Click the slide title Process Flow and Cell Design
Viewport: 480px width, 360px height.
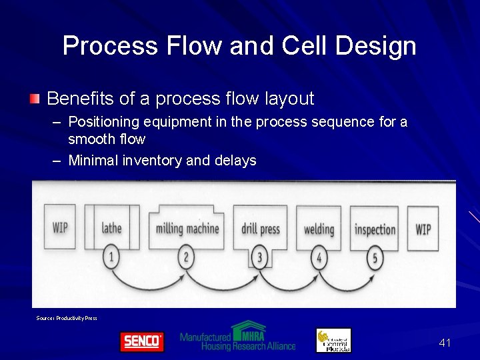(239, 46)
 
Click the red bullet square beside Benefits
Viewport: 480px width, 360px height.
(35, 99)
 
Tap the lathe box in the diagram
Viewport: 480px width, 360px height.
(111, 228)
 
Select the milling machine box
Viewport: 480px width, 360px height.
(187, 228)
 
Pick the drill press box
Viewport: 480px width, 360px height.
(261, 229)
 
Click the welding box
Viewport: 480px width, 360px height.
(319, 229)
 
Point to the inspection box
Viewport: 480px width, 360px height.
(375, 229)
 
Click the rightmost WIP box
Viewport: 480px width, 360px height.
(423, 229)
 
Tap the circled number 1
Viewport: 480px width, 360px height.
(111, 256)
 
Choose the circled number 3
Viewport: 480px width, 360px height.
(261, 257)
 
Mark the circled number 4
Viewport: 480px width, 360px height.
(319, 257)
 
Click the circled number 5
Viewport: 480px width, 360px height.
(375, 257)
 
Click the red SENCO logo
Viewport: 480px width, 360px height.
(141, 341)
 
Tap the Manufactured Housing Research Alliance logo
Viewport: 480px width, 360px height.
(237, 337)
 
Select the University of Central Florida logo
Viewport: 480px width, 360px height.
(333, 340)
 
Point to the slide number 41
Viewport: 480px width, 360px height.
(445, 343)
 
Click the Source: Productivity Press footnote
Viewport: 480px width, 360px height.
(67, 318)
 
